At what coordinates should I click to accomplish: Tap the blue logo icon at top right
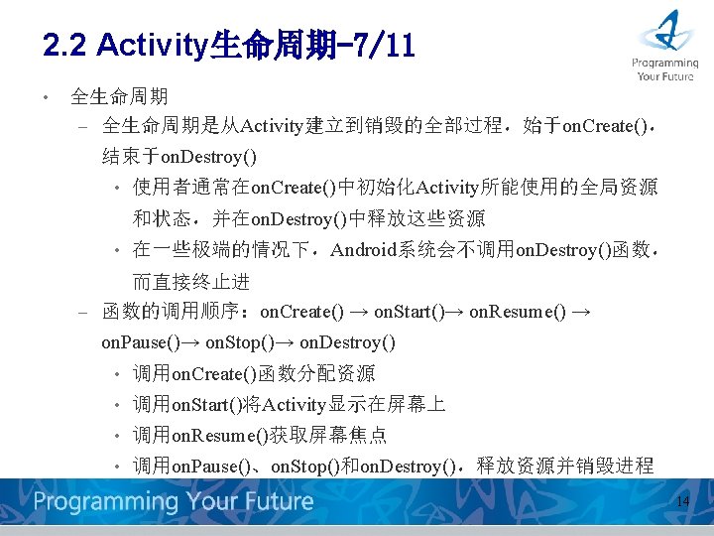pos(665,31)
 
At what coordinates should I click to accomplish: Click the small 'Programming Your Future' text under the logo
pos(665,68)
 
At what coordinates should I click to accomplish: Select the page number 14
pos(682,502)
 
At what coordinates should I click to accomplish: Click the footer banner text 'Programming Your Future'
pos(174,501)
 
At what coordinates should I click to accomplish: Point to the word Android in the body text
pos(368,249)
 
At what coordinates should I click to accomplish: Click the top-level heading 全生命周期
pos(119,96)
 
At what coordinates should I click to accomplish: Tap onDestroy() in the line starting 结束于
pos(208,156)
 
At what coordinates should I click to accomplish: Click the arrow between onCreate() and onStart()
pos(359,312)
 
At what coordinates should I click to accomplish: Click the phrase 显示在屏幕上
pos(387,405)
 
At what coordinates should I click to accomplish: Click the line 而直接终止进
pos(191,281)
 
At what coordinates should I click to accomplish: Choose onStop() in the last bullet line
pos(302,467)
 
